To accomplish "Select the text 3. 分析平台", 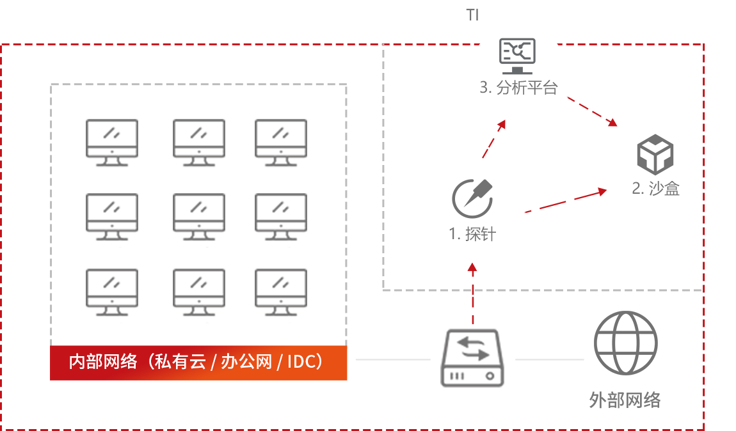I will pyautogui.click(x=518, y=88).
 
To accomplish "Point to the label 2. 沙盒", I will pyautogui.click(x=655, y=189).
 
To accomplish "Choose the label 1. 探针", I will pyautogui.click(x=473, y=234).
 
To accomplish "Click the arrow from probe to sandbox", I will pyautogui.click(x=565, y=201).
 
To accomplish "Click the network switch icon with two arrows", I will pyautogui.click(x=473, y=358).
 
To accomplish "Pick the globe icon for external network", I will pyautogui.click(x=625, y=343).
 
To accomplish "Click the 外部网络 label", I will pyautogui.click(x=624, y=400).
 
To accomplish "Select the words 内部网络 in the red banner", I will pyautogui.click(x=103, y=362).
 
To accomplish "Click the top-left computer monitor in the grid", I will pyautogui.click(x=112, y=143).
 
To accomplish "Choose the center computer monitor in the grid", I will pyautogui.click(x=199, y=217).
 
